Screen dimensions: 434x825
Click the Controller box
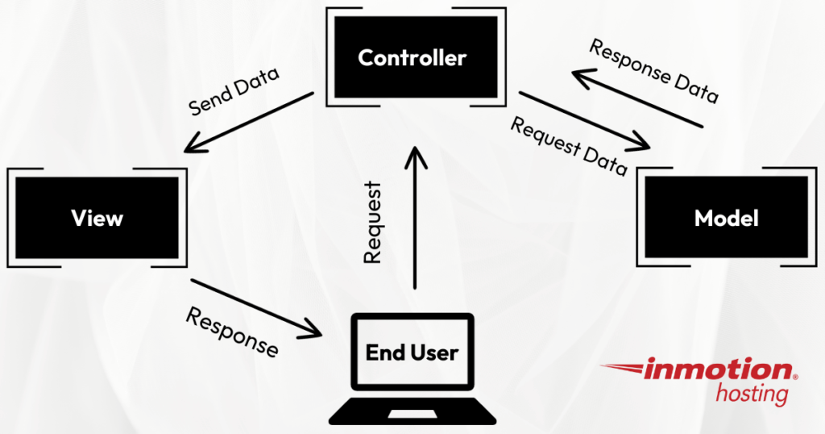pyautogui.click(x=412, y=58)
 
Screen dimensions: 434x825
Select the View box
pyautogui.click(x=97, y=218)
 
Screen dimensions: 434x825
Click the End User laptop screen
pyautogui.click(x=412, y=353)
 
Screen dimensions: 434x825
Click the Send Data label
pyautogui.click(x=234, y=92)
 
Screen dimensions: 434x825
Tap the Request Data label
pyautogui.click(x=569, y=147)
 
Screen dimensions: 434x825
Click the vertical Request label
pyautogui.click(x=371, y=223)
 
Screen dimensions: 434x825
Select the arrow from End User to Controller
pyautogui.click(x=415, y=218)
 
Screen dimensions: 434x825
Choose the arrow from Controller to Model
pyautogui.click(x=584, y=121)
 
